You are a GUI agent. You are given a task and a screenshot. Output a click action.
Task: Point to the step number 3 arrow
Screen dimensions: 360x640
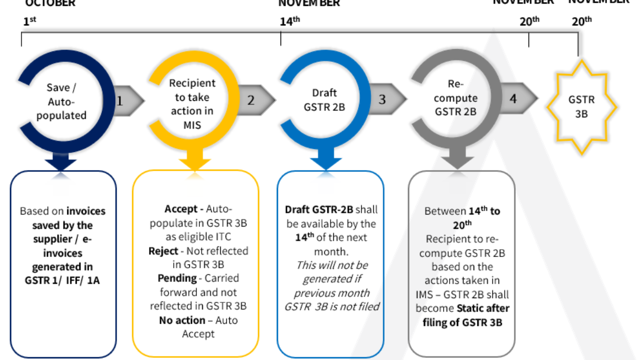click(x=388, y=100)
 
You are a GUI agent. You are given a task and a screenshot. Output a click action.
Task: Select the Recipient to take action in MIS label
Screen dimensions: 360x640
click(x=192, y=97)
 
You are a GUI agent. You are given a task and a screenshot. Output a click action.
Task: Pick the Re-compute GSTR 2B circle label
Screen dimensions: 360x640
click(x=456, y=98)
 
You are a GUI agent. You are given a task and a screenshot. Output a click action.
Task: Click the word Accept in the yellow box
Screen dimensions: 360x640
click(x=181, y=209)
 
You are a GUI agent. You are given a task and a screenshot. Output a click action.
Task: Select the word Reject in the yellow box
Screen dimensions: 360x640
click(x=163, y=251)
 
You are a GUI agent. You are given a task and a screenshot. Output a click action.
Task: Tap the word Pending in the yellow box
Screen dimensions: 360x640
click(x=175, y=278)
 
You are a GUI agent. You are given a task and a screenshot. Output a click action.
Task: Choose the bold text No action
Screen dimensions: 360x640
click(x=182, y=320)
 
